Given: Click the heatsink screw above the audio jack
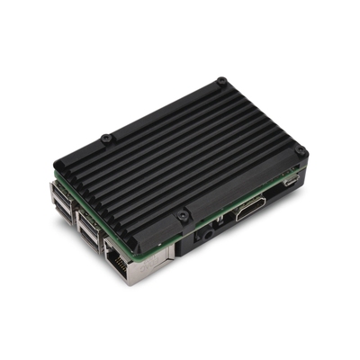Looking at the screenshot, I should (184, 216).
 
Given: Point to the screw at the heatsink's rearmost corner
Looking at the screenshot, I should (221, 84).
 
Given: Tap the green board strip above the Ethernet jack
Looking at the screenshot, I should (135, 238).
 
